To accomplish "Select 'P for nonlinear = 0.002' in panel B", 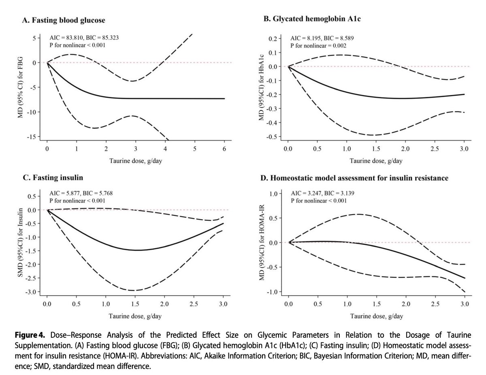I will tap(319, 45).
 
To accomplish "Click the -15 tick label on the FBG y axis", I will tap(31, 137).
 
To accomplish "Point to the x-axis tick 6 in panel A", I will tap(224, 149).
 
